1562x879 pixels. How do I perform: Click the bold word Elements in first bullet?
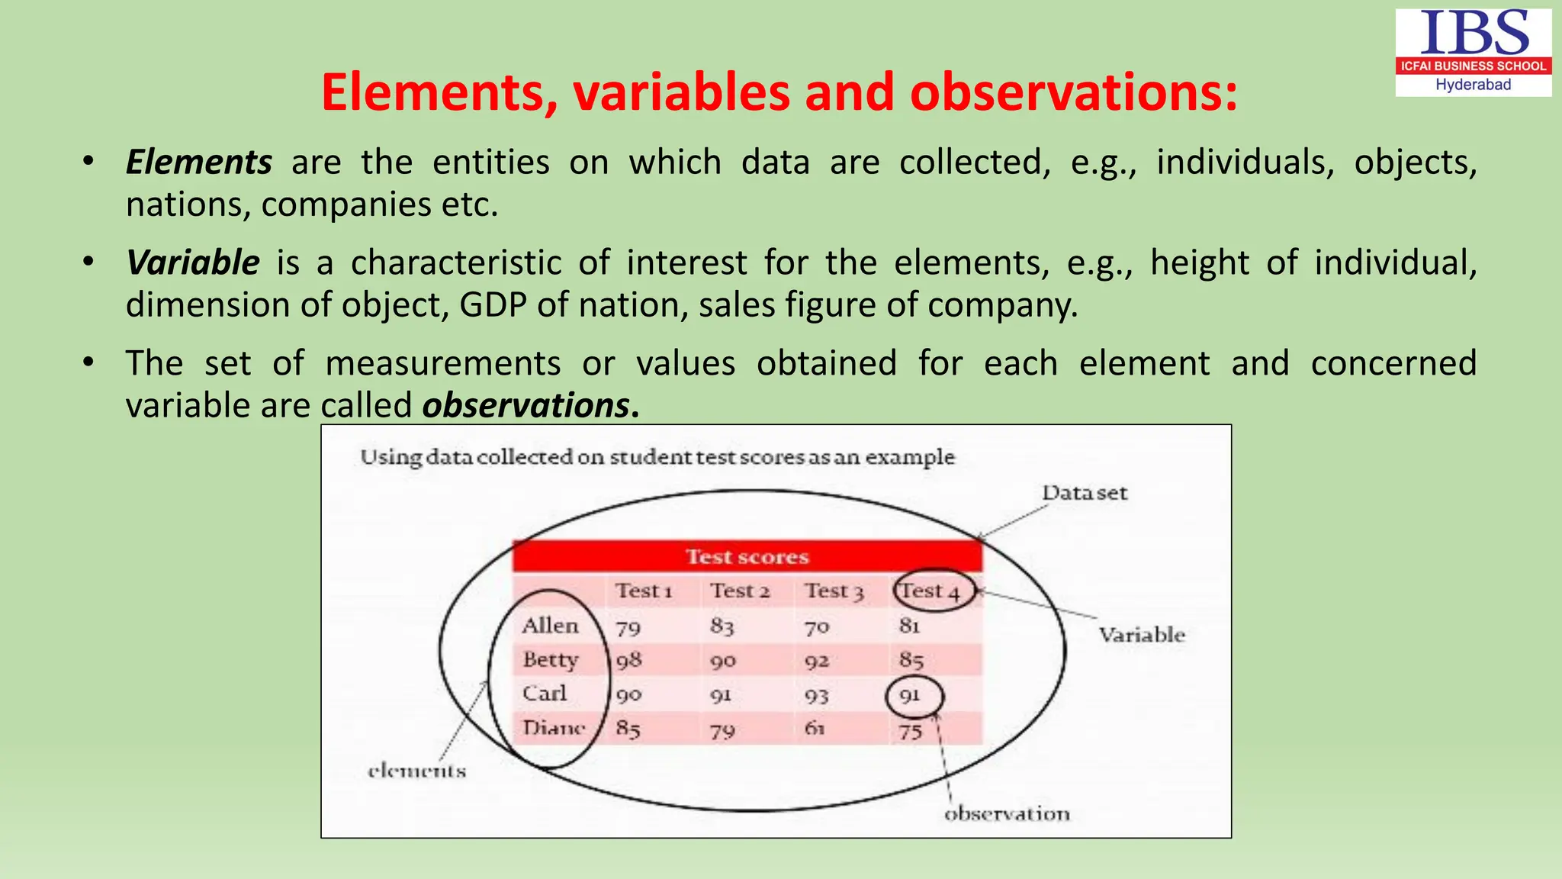point(198,163)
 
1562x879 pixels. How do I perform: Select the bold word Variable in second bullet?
point(193,262)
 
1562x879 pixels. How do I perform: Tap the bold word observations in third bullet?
point(526,405)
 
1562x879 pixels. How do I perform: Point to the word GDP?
point(493,305)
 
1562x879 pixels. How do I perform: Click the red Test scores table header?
point(747,556)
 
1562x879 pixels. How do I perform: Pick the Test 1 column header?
point(644,591)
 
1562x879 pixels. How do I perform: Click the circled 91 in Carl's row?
point(911,696)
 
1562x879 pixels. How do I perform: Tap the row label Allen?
point(550,626)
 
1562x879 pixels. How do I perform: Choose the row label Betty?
point(551,659)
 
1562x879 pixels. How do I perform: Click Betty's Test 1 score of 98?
point(628,660)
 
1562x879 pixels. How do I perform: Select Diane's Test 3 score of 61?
point(815,729)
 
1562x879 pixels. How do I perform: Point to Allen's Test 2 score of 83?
point(722,626)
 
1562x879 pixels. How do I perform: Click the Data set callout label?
point(1084,493)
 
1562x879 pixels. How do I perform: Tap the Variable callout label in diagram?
point(1141,635)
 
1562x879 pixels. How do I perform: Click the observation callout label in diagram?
point(1007,814)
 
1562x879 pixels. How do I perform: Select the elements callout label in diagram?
point(416,771)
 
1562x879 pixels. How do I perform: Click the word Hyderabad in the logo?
point(1473,85)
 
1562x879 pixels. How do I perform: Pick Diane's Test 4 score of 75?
point(910,731)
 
